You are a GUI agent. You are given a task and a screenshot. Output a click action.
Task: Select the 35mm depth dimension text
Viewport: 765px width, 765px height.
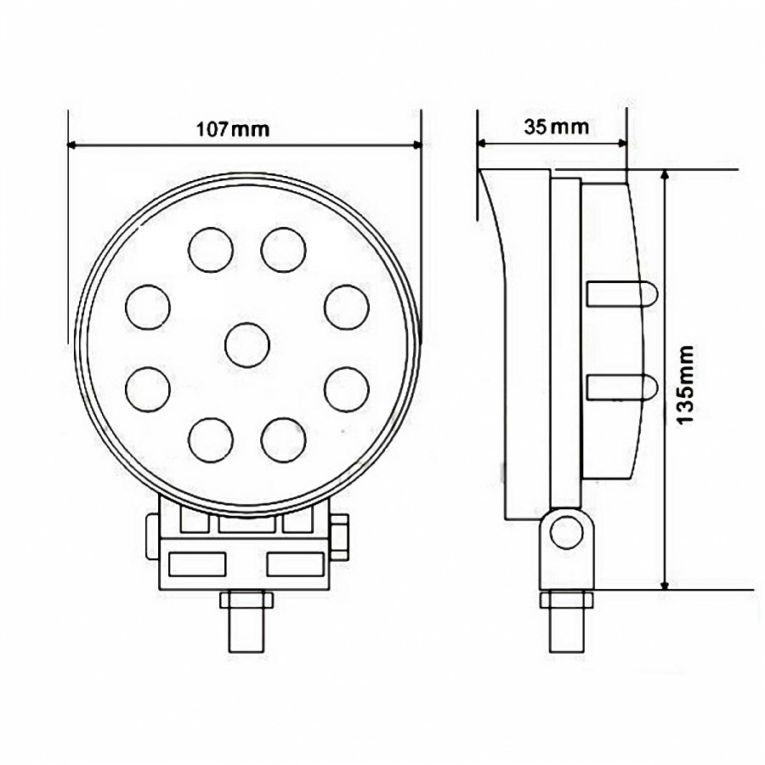pos(557,127)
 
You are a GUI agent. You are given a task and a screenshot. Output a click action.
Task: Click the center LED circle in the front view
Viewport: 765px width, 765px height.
pos(247,345)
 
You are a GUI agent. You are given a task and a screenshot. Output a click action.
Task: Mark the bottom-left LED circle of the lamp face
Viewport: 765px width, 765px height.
pos(210,439)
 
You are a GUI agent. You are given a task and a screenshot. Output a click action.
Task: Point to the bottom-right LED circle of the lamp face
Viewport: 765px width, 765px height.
pos(283,439)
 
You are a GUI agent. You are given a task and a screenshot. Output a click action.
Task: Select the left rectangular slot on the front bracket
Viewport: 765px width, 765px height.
pos(197,562)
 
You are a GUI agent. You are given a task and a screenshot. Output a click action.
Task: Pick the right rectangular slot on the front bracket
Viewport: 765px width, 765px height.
pos(296,562)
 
